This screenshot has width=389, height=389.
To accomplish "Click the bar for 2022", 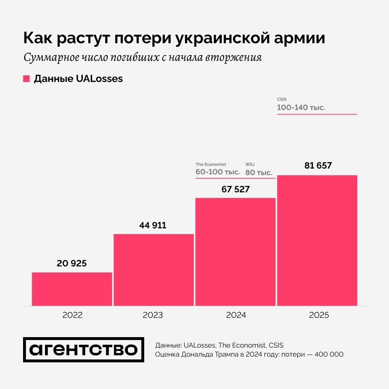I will [72, 289].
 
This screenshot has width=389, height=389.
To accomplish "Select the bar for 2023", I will [154, 270].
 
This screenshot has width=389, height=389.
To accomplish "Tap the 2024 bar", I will [236, 252].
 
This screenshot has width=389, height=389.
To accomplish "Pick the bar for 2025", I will [317, 240].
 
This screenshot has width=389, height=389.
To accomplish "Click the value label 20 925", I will [72, 263].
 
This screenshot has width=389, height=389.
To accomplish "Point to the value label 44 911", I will [153, 225].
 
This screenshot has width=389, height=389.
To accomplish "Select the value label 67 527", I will [236, 189].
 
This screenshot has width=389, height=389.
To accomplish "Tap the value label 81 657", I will [318, 166].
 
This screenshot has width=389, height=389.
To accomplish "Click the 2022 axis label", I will [72, 315].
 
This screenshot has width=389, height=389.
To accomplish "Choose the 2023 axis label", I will [153, 315].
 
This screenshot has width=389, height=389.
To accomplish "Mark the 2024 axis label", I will [236, 315].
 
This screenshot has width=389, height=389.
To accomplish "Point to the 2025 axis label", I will [319, 315].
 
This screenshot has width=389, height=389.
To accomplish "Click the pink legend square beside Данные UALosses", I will [26, 79].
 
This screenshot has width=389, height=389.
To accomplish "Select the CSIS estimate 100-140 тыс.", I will [301, 107].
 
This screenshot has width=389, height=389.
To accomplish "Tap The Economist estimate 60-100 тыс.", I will [218, 172].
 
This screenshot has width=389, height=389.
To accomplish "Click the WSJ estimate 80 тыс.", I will [259, 173].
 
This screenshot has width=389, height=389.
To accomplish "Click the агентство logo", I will [84, 350].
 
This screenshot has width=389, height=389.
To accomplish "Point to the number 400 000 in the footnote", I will [329, 354].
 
